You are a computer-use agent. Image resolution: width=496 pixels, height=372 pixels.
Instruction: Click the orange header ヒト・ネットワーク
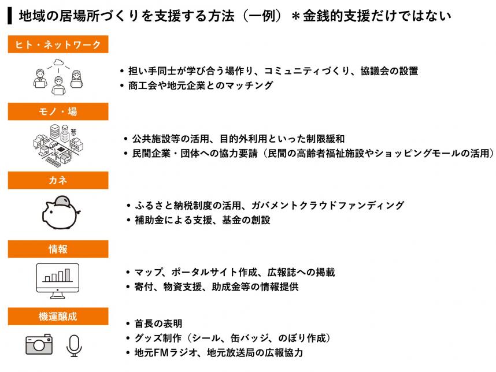pos(58,44)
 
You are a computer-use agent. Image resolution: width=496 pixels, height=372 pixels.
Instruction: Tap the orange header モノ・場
pos(58,111)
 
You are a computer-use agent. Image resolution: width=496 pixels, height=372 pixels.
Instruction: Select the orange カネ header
pos(58,180)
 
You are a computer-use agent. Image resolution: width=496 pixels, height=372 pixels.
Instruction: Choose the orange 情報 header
pos(58,249)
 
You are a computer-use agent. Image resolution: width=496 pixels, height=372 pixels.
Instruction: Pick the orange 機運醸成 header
pos(58,317)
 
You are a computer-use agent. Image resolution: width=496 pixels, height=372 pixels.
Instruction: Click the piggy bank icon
pos(61,213)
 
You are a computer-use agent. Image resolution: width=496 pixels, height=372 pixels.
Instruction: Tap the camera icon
pos(39,344)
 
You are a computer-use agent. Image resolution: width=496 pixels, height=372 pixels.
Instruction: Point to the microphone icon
pos(74,346)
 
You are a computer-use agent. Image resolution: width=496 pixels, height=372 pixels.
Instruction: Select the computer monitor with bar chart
pos(58,281)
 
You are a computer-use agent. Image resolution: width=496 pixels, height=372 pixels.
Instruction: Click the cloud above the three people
pos(58,62)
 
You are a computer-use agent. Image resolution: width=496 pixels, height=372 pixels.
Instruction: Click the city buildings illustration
pos(58,145)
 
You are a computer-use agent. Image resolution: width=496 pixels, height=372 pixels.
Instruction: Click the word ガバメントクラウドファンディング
pos(328,206)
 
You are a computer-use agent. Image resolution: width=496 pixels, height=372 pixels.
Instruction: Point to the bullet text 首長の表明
pos(158,323)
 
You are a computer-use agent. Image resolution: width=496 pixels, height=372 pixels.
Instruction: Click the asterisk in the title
pos(295,16)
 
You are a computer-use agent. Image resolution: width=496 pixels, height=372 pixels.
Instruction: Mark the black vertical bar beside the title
pos(10,16)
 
